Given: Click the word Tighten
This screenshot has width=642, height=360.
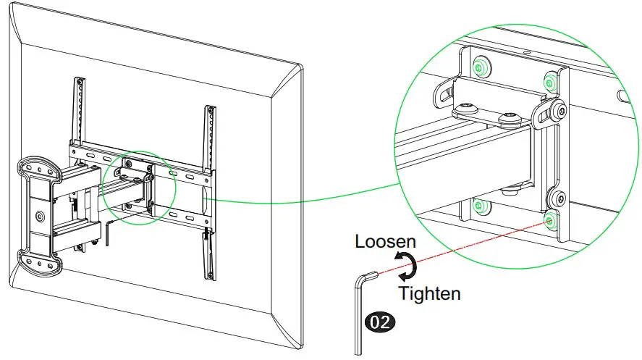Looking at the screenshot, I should point(430,293).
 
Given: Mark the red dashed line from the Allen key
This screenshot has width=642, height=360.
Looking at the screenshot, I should point(463,246).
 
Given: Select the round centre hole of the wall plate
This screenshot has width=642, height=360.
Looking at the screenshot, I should point(38,215).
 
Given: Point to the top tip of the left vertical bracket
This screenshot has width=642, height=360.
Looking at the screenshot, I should point(76,80).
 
